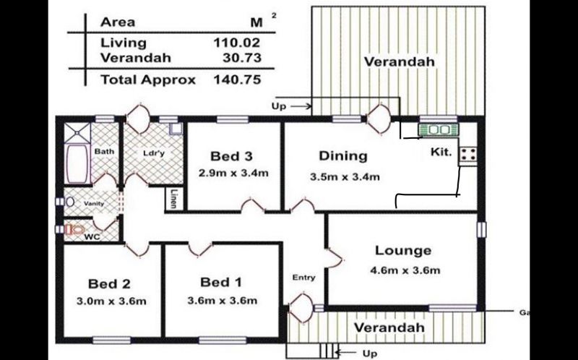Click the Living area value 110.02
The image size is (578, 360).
(237, 43)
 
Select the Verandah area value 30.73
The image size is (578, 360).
(242, 58)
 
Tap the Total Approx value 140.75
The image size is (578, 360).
(237, 80)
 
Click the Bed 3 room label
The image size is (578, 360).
(231, 156)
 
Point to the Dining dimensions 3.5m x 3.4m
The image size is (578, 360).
(345, 176)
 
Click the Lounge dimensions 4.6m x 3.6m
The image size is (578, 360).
(405, 270)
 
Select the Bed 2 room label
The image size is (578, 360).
(110, 283)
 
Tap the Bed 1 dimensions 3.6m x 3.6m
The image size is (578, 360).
(223, 301)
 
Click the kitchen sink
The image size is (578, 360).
(439, 130)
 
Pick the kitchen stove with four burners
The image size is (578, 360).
(468, 154)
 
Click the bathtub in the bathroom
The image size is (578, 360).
(77, 163)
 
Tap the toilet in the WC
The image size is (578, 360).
(75, 229)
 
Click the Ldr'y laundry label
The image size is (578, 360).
(154, 153)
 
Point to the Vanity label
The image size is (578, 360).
(94, 203)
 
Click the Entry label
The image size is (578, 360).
(303, 277)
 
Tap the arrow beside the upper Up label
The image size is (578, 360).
(301, 106)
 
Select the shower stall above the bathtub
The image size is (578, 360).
(77, 133)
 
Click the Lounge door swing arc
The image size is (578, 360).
(335, 257)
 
